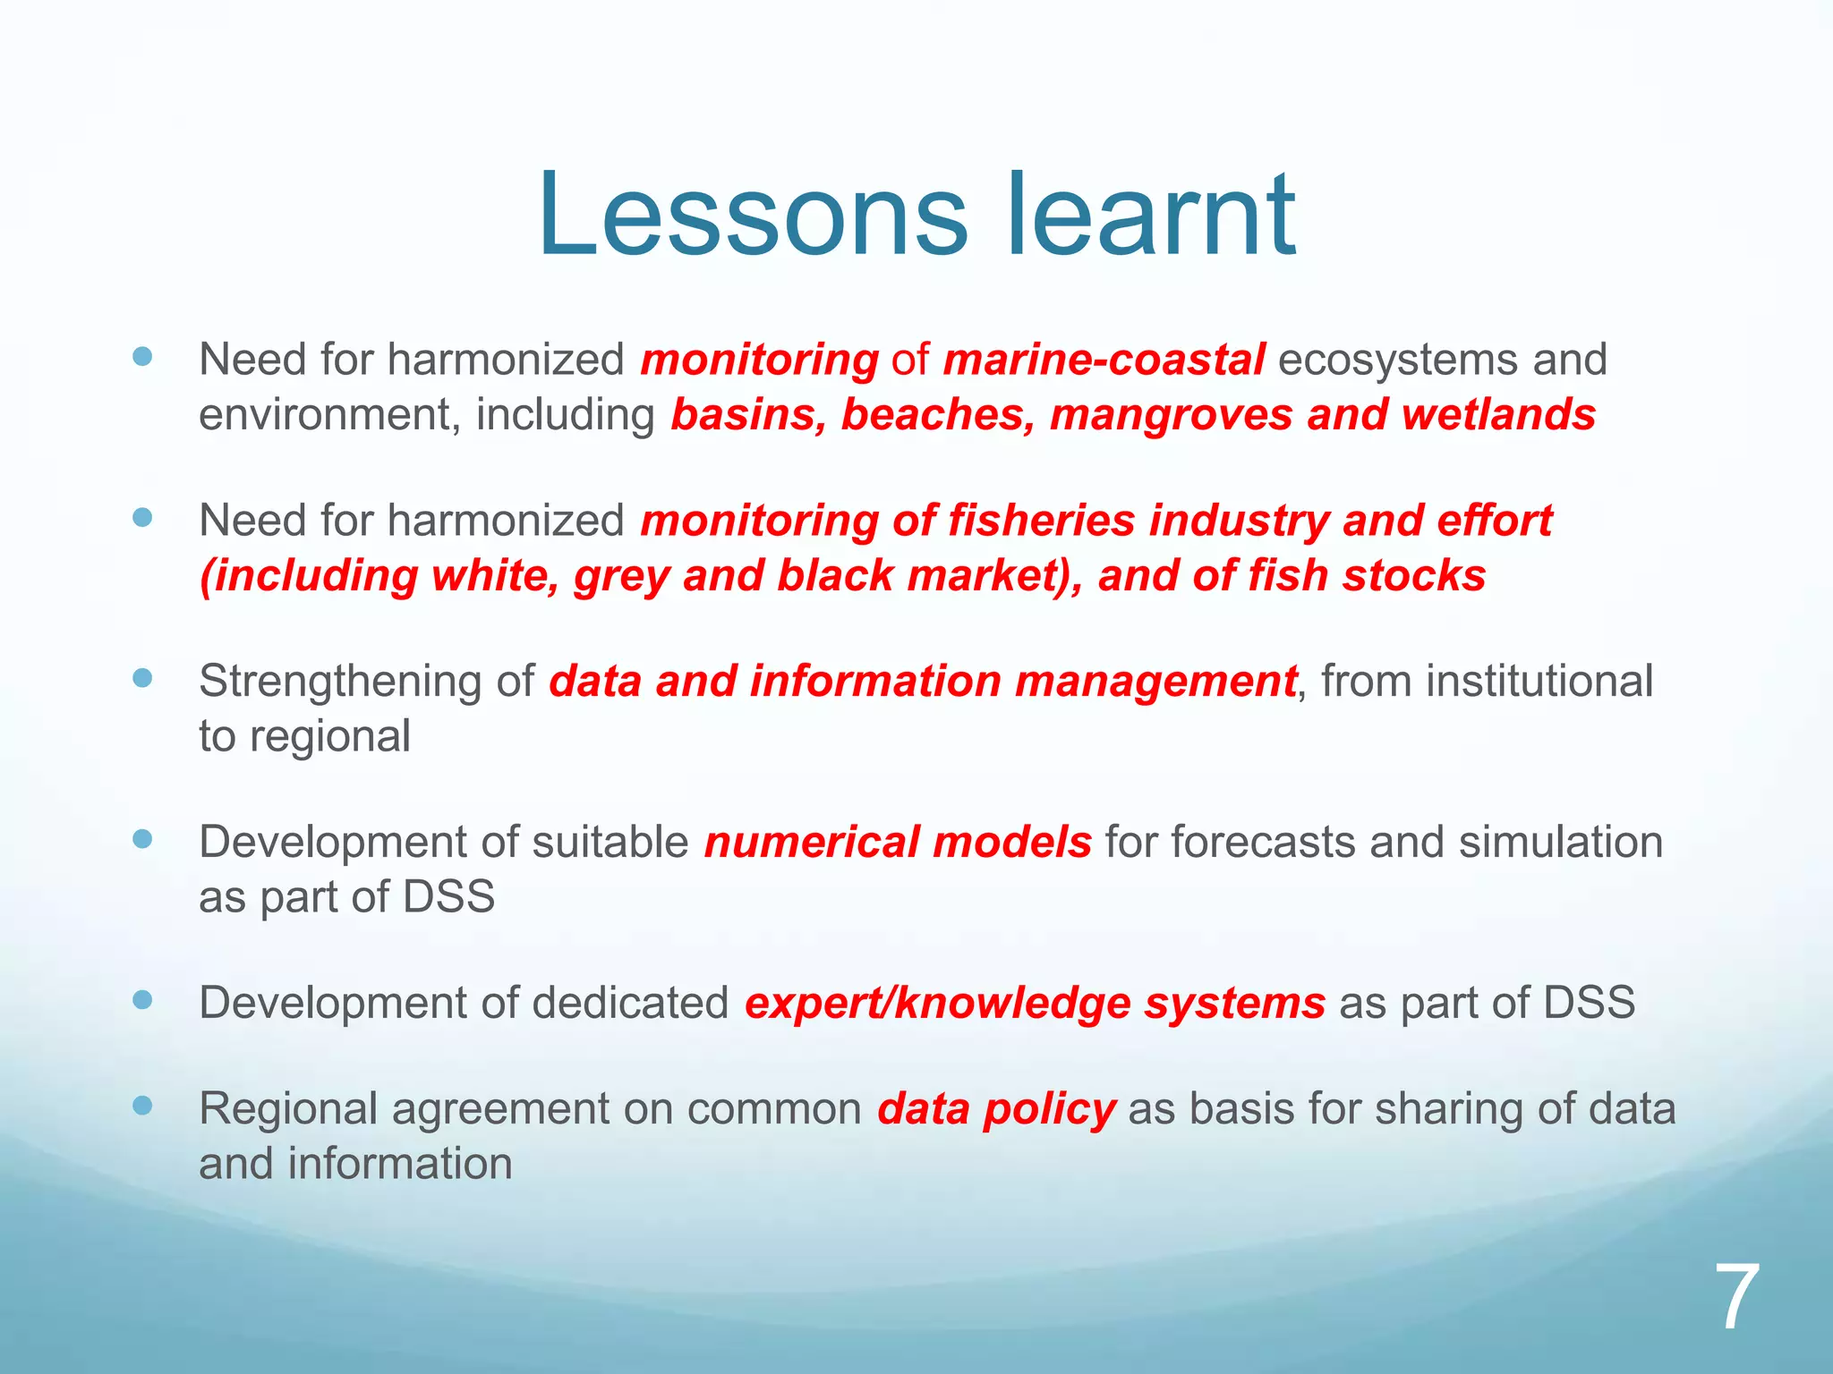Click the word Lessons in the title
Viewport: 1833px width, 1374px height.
click(752, 216)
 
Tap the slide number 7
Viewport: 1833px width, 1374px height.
click(1736, 1297)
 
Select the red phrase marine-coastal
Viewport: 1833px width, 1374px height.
click(1104, 360)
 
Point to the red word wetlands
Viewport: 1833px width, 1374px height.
click(1498, 415)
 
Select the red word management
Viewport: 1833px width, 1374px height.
click(1155, 682)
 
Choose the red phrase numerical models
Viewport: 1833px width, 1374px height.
click(898, 843)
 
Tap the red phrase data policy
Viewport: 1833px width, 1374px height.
click(996, 1109)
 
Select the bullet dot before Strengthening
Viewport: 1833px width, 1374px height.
click(142, 678)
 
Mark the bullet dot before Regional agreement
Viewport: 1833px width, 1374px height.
click(142, 1107)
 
